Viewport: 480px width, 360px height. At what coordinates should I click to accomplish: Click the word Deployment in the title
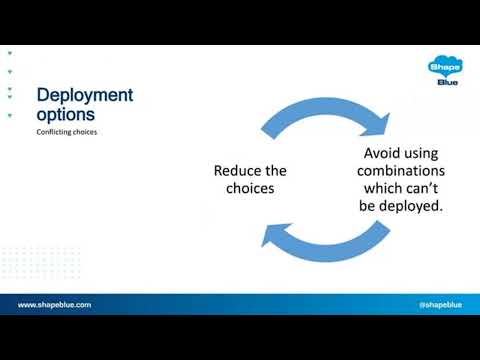click(x=85, y=96)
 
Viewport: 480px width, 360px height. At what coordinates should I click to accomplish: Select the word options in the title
click(x=67, y=114)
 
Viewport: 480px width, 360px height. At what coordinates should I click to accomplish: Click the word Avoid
click(x=383, y=154)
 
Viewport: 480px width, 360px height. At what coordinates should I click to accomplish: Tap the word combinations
click(x=401, y=171)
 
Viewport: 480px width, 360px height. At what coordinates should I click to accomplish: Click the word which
click(x=381, y=188)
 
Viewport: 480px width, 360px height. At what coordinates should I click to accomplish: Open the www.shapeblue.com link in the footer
click(x=54, y=305)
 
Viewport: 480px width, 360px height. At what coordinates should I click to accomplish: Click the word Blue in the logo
click(x=447, y=83)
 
